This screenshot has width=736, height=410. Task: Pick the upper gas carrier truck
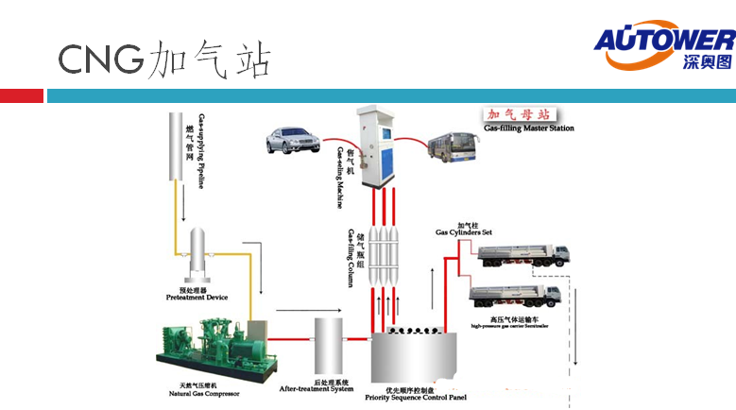pos(523,255)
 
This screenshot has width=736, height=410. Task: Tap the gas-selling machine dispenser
pos(376,145)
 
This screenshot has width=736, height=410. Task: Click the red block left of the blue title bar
pos(22,95)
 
